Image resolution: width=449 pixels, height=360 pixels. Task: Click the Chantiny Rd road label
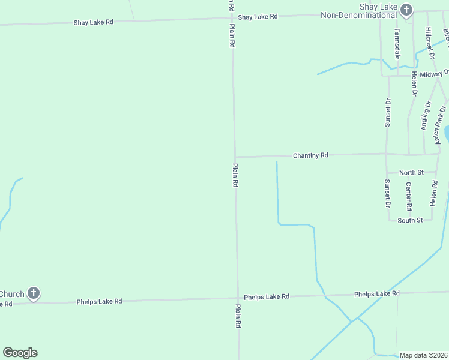pos(310,155)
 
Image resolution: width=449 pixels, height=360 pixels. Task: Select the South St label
pos(411,220)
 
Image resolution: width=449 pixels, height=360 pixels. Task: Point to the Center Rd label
pos(409,196)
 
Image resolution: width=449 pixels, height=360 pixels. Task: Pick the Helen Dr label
pos(414,84)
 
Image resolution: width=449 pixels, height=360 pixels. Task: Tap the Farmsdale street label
pos(397,43)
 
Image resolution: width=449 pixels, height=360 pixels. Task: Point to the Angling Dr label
pos(426,115)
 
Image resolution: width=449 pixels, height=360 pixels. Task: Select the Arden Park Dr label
pos(441,125)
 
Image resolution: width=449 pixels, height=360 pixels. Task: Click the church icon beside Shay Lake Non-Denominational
pos(406,10)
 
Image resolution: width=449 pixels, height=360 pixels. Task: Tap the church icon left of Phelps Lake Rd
pos(34,294)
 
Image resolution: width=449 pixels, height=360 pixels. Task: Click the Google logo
pos(20,353)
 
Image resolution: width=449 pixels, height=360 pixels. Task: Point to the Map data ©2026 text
pos(424,355)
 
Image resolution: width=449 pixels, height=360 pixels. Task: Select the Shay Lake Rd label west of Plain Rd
pos(93,22)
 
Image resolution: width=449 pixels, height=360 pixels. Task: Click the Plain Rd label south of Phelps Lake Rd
pos(238,316)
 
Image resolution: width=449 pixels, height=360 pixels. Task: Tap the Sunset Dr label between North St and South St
pos(388,193)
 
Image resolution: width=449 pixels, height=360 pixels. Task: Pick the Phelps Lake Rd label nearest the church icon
pos(99,301)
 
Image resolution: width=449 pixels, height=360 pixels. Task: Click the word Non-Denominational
pos(358,15)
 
